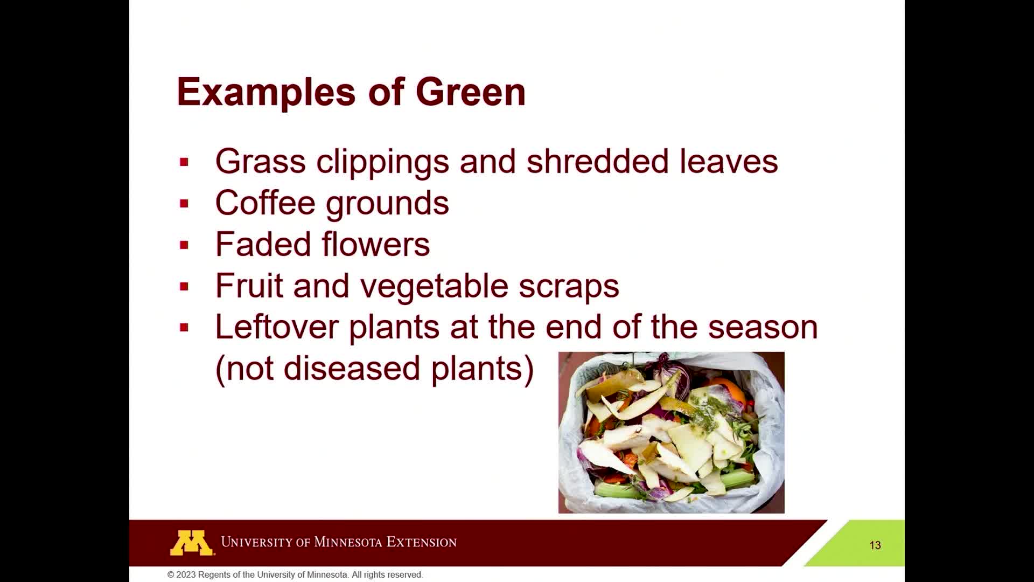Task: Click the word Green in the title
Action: tap(471, 92)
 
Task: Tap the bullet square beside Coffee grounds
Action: tap(184, 204)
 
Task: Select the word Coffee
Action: tap(265, 203)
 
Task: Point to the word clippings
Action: tap(382, 162)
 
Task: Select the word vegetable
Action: tap(434, 286)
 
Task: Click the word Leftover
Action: tap(276, 327)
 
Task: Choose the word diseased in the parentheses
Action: tap(352, 368)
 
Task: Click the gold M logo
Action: tap(192, 543)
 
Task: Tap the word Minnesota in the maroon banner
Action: tap(348, 542)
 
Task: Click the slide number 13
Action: tap(875, 545)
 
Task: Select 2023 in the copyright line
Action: tap(186, 575)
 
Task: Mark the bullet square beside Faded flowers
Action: tap(184, 245)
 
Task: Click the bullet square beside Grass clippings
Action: tap(184, 162)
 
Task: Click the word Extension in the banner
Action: tap(422, 542)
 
